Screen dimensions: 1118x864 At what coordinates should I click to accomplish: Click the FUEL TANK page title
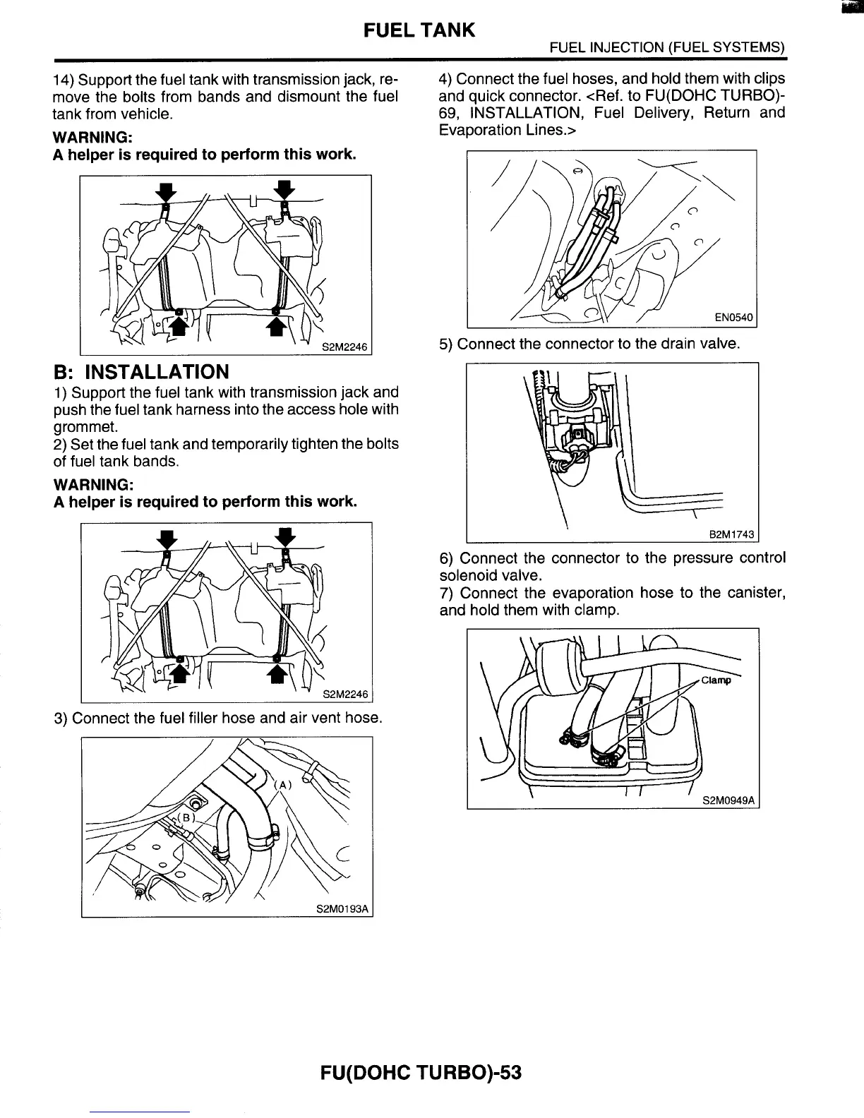(x=419, y=30)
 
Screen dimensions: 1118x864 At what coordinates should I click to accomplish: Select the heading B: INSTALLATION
(x=141, y=372)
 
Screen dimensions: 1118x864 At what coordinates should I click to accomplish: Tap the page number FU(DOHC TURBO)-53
(x=421, y=1073)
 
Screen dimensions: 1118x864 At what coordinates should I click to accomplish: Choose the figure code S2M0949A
(x=728, y=800)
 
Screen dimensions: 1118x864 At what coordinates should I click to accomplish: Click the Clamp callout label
(x=716, y=680)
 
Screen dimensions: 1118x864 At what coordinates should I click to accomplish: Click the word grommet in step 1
(x=85, y=427)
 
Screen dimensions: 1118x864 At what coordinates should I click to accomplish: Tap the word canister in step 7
(x=756, y=593)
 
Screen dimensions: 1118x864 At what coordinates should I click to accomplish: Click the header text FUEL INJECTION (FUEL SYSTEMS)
(x=668, y=49)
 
